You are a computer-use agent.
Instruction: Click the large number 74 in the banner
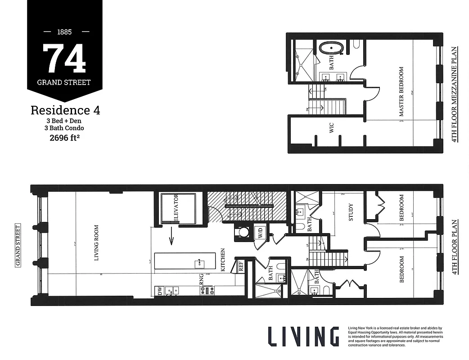64,59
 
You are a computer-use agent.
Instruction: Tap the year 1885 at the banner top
64,32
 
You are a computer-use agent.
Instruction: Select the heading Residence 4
65,110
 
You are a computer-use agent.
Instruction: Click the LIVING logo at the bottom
303,337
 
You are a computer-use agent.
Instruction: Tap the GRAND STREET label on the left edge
18,246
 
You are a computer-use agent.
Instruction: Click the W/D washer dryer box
260,233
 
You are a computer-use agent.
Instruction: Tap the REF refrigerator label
241,266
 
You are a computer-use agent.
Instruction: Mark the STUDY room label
351,212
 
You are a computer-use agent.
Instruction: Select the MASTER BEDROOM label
401,92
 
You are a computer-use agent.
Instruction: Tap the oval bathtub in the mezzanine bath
332,48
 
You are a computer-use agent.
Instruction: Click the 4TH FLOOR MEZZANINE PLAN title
455,94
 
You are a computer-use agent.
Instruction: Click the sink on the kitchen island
198,261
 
